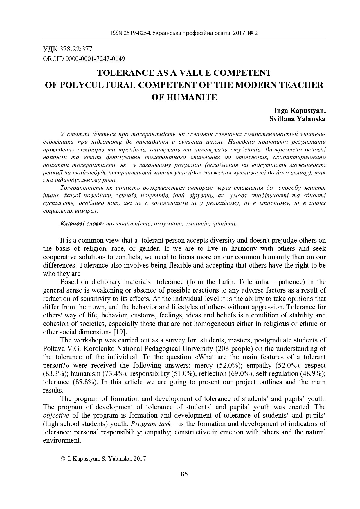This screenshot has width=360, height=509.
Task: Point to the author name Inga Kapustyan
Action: point(300,111)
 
